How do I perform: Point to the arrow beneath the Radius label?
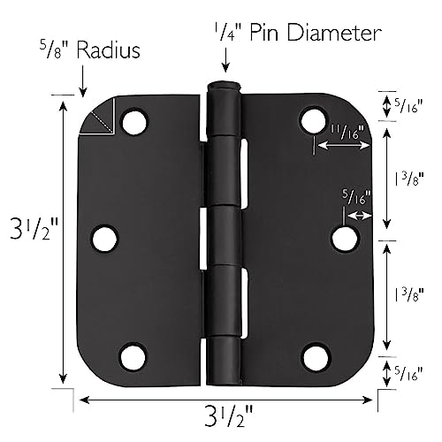[82, 81]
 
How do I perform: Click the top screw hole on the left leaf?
[133, 121]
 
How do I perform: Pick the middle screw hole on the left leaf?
[104, 238]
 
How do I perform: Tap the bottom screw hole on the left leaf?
[133, 356]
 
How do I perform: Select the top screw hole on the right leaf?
[313, 120]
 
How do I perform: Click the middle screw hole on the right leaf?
[344, 238]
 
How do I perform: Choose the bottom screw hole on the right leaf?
[314, 356]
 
